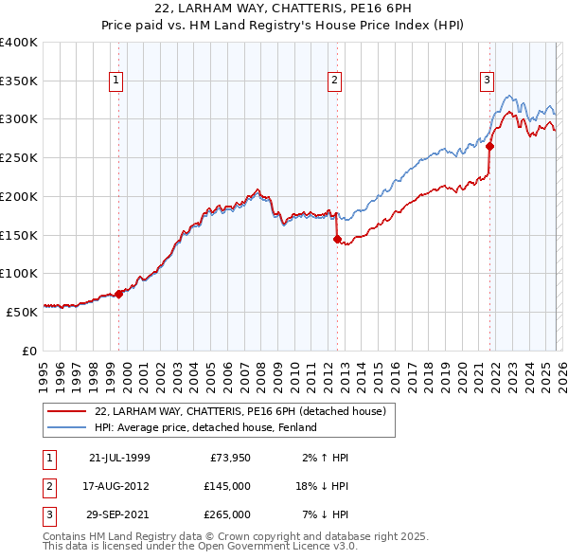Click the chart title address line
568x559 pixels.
[x=284, y=9]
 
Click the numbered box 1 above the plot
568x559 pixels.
[x=115, y=81]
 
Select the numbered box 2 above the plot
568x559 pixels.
[x=335, y=81]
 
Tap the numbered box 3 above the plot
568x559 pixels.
[x=487, y=81]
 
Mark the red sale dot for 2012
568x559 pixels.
[x=337, y=239]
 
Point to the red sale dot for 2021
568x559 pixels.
[x=490, y=146]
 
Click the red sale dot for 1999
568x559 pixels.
[x=119, y=294]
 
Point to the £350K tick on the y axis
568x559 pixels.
[x=19, y=81]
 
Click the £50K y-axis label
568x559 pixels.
[x=22, y=311]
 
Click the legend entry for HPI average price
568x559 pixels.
[x=205, y=427]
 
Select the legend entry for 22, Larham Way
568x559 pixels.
[x=240, y=412]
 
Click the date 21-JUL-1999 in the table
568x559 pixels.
[x=119, y=458]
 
